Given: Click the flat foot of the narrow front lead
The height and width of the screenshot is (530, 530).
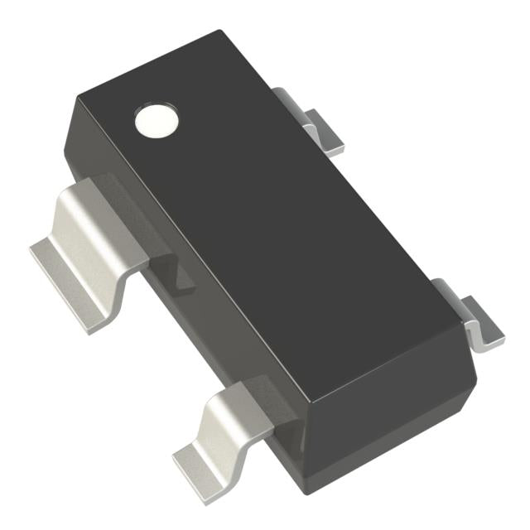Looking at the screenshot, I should click(x=199, y=460).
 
